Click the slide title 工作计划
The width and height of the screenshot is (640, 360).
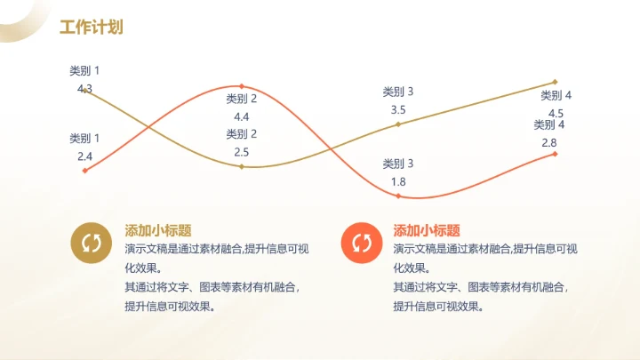tap(91, 28)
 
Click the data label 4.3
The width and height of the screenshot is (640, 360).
tap(85, 89)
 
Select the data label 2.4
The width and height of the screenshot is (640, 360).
tap(85, 156)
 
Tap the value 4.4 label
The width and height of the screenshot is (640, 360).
tap(242, 116)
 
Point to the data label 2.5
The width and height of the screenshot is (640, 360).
tap(242, 152)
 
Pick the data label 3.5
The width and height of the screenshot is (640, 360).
tap(398, 110)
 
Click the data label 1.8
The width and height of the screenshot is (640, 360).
tap(398, 181)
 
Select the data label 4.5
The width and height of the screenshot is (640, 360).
tap(556, 113)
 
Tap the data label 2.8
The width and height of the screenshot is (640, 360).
tap(549, 142)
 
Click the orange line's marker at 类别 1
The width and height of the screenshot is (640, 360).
tap(85, 170)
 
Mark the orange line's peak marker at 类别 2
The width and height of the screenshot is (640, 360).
tap(242, 86)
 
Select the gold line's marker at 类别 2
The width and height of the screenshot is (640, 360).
tap(242, 166)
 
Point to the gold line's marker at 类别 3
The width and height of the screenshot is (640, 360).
tap(398, 124)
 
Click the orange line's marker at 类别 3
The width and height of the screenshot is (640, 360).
tap(398, 196)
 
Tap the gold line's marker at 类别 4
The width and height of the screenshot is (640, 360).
tap(556, 82)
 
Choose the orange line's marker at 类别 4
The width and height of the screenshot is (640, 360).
tap(556, 154)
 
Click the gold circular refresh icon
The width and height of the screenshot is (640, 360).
tap(91, 243)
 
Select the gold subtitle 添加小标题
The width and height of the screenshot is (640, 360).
tap(158, 229)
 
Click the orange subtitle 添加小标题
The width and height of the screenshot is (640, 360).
tap(427, 229)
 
